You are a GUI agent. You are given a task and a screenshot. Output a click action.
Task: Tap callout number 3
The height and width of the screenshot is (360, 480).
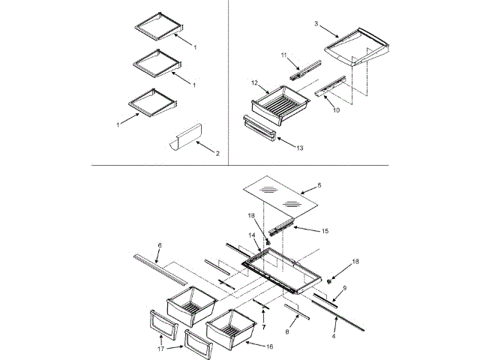coord(316,24)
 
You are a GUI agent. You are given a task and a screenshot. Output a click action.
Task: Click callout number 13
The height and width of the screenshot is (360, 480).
coord(300,148)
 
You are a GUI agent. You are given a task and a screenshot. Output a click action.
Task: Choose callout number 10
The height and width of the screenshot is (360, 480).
coord(336,110)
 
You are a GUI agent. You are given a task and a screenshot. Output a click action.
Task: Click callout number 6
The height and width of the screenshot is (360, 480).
coord(159,244)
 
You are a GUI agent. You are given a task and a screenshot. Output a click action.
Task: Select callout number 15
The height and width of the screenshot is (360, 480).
coord(325,231)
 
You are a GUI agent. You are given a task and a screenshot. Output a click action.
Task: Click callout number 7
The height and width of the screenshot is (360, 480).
coord(263,328)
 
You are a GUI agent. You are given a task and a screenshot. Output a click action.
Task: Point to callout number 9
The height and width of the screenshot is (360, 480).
coord(345,287)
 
